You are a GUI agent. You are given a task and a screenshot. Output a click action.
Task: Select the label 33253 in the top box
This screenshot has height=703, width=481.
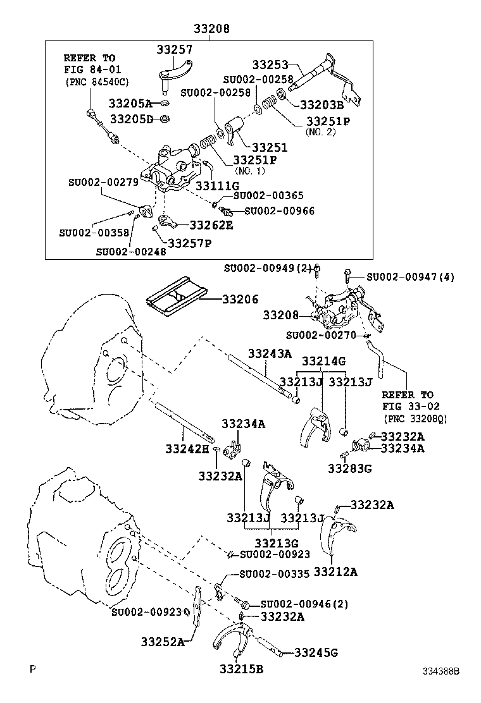270,64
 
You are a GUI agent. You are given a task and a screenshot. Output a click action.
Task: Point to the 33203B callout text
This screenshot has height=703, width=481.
321,105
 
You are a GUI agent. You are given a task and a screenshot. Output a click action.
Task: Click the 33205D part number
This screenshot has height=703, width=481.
131,118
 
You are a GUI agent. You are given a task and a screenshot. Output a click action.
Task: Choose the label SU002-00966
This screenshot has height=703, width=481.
279,211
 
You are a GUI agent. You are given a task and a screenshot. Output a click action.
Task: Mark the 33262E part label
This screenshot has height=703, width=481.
211,224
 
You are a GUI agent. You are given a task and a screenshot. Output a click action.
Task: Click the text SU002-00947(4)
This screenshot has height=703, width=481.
409,276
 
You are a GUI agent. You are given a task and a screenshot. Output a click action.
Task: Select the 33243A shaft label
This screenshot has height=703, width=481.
270,353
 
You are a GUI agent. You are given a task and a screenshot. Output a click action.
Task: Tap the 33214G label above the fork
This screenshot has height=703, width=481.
323,361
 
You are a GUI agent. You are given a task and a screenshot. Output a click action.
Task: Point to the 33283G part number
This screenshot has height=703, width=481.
349,468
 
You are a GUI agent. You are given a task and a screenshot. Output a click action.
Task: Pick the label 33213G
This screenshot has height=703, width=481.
277,542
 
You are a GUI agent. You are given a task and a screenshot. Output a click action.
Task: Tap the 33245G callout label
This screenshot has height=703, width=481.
316,652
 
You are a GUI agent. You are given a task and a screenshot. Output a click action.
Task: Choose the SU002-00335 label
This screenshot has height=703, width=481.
274,574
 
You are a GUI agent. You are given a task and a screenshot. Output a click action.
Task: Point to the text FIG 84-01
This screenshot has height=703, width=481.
92,69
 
